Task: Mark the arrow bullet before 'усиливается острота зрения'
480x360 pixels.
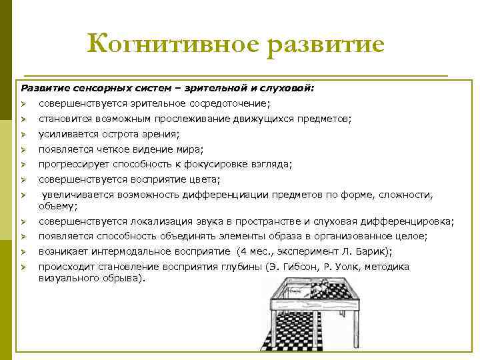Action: (23, 134)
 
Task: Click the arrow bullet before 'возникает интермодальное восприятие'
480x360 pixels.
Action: (23, 252)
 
